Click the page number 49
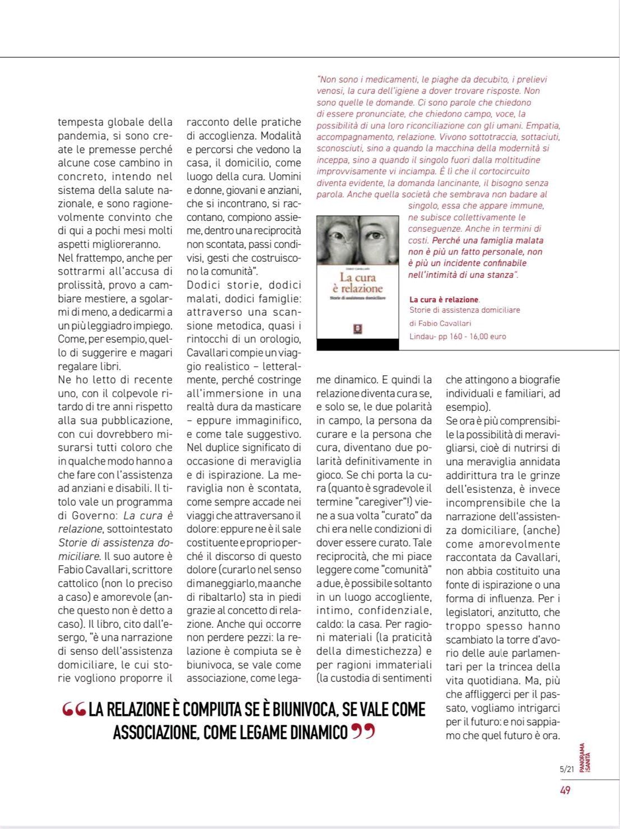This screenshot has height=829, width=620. (x=565, y=790)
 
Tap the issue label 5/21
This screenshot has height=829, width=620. (x=566, y=769)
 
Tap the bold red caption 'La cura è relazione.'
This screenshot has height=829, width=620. (x=445, y=300)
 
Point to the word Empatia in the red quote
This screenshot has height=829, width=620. (x=542, y=126)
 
